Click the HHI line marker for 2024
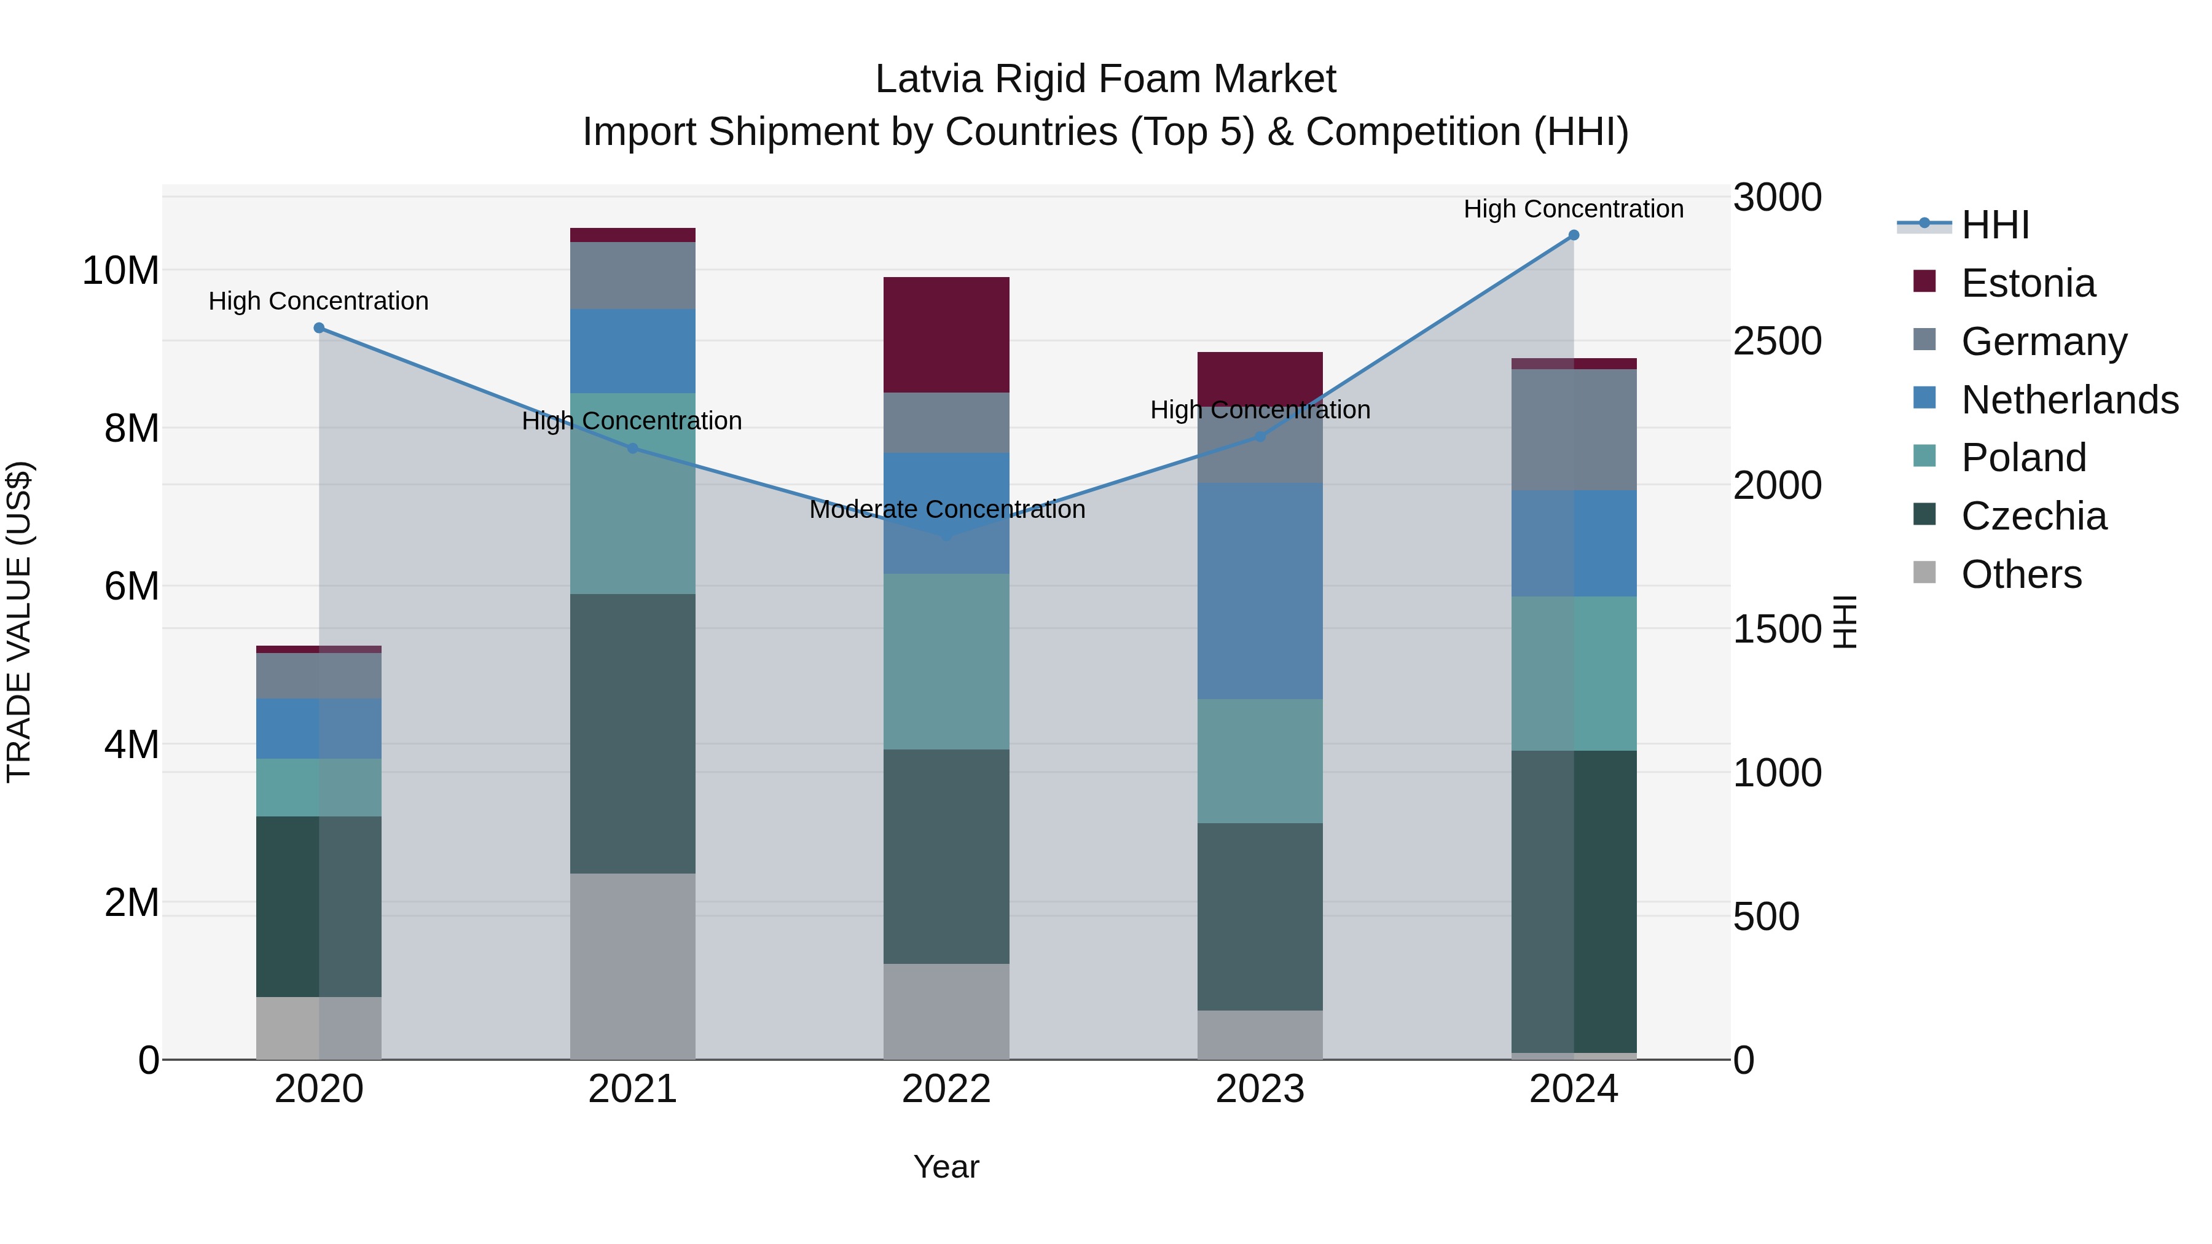click(1573, 235)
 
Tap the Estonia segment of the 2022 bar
click(946, 335)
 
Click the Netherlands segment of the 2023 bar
click(1260, 590)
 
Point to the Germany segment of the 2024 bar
click(1573, 429)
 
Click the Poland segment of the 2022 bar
click(946, 661)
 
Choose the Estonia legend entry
click(2028, 283)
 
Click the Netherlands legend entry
click(2069, 400)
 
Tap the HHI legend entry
click(1994, 225)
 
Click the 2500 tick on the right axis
click(1776, 342)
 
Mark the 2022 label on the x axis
click(946, 1089)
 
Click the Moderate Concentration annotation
click(946, 509)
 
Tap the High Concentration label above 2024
click(1573, 209)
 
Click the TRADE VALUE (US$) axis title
click(19, 622)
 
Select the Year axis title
click(946, 1167)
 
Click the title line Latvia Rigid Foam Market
click(1105, 79)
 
